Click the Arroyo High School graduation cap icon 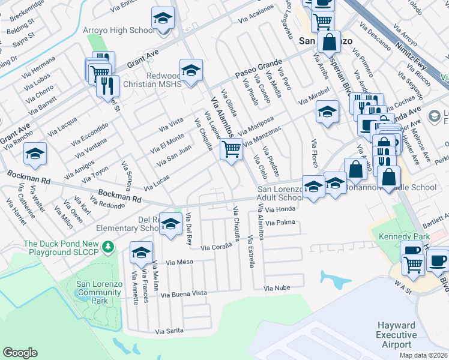pos(162,19)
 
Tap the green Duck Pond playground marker pos(108,246)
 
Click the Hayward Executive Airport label pos(397,335)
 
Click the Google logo pos(20,353)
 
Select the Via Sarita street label pos(169,331)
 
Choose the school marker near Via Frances pos(142,254)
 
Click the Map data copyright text pos(424,355)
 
